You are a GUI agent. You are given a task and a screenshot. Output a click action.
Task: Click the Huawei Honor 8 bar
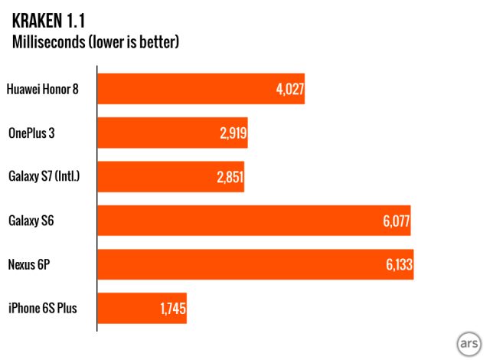[x=201, y=89]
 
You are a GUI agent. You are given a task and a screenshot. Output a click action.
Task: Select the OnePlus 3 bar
[x=172, y=133]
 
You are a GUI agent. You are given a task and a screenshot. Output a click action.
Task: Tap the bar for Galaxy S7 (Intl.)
[x=170, y=177]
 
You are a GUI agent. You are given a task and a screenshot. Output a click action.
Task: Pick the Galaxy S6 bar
[x=253, y=221]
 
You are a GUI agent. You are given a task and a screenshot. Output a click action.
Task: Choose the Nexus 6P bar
[x=255, y=264]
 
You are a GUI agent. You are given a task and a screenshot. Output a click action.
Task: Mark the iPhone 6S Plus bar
[x=142, y=309]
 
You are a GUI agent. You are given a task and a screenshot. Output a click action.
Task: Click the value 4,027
[x=290, y=89]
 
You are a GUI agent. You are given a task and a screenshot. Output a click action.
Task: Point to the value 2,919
[x=233, y=133]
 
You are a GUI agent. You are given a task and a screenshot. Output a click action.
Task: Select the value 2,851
[x=230, y=177]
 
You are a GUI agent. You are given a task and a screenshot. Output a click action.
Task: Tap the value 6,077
[x=396, y=221]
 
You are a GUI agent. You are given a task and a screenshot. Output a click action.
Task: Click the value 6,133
[x=399, y=264]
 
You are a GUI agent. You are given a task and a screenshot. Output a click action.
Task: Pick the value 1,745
[x=172, y=309]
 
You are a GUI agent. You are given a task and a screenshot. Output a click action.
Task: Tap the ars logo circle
[x=467, y=344]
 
